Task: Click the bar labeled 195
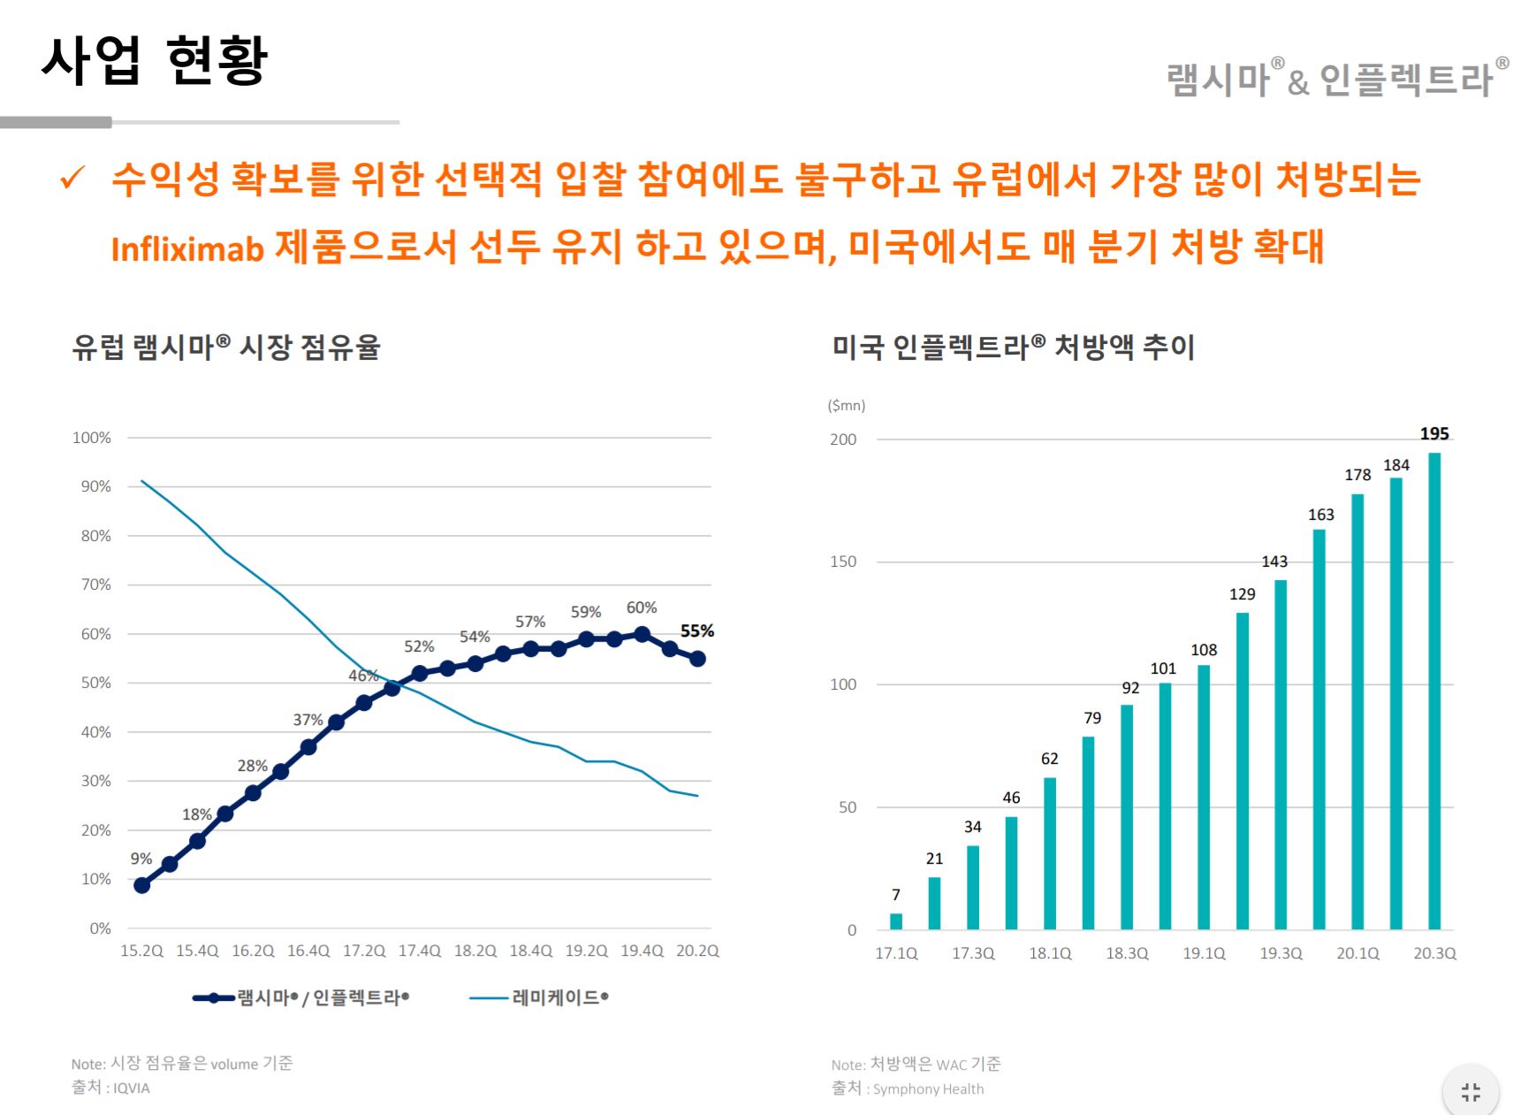1434,691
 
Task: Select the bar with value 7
896,920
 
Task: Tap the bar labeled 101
1165,806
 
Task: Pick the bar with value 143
1281,754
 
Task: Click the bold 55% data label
696,631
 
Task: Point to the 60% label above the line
642,607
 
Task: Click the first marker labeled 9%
141,885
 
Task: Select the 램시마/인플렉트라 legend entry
301,998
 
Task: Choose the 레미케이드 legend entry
539,998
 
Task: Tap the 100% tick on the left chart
92,438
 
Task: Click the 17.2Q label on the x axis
364,951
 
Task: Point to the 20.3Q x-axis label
1434,953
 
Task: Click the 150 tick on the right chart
843,561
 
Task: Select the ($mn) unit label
846,406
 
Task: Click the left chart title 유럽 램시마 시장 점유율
226,347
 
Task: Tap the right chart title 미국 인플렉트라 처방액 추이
1013,347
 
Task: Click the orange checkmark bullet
72,178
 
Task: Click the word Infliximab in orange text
187,249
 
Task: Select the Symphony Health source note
927,1089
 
